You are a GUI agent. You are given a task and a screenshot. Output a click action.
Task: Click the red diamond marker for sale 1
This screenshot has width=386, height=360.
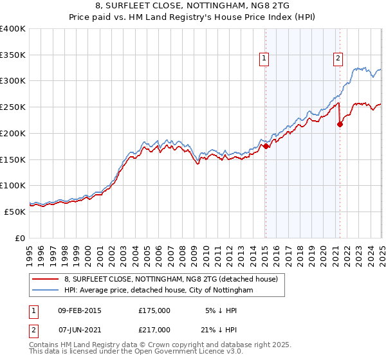pos(266,147)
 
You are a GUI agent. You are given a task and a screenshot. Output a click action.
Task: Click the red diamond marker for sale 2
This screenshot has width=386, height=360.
pos(340,125)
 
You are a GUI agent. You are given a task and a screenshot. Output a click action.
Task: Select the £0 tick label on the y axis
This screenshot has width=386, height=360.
pos(21,238)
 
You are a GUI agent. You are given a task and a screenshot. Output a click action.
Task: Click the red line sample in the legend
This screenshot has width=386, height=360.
pos(46,279)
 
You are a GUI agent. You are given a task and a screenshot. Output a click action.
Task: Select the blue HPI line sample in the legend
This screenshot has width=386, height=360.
pos(46,291)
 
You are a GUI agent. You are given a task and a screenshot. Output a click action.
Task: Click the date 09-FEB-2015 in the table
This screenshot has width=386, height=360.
pos(79,310)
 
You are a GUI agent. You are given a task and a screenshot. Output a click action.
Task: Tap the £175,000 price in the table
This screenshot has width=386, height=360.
pos(154,310)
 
